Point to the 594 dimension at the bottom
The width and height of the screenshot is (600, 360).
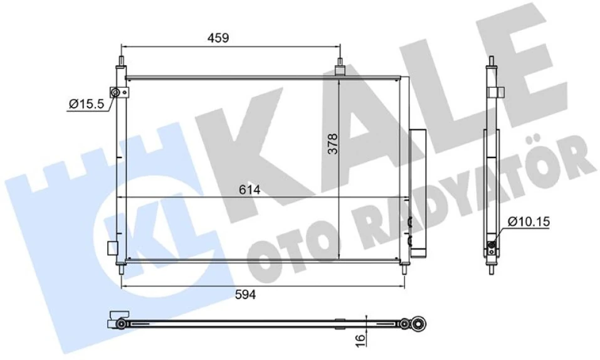246,294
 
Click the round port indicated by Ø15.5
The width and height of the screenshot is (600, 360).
115,94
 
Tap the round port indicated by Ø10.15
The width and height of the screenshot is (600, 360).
493,245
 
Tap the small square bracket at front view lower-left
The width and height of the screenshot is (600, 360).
112,248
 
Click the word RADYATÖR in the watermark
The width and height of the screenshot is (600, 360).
476,188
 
